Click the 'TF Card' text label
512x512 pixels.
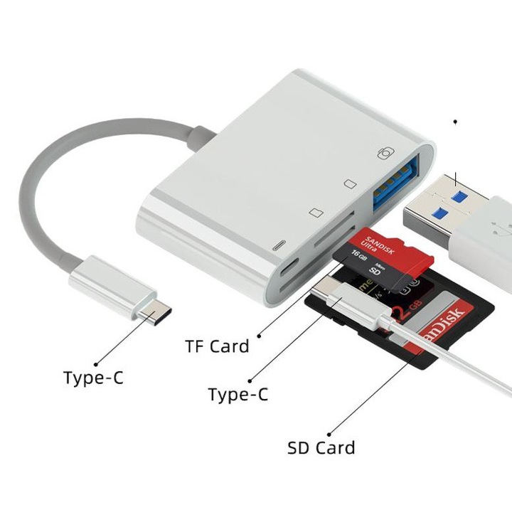[x=217, y=346]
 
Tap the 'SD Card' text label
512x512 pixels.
[x=321, y=448]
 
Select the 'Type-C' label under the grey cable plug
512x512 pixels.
[x=93, y=378]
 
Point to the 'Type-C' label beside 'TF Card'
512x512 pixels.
[x=238, y=394]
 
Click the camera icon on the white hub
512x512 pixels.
[x=385, y=154]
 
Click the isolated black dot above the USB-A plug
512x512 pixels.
[x=455, y=122]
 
